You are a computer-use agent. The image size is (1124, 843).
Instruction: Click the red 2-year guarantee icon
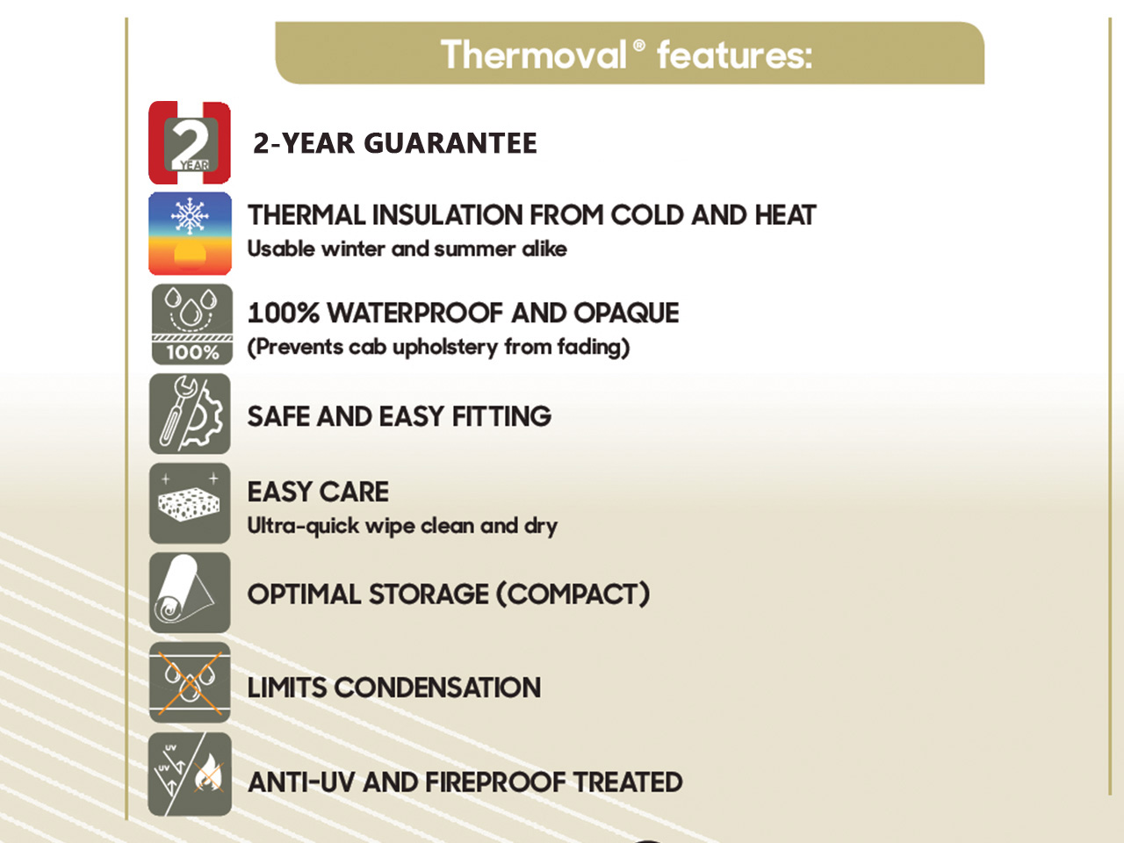pyautogui.click(x=190, y=143)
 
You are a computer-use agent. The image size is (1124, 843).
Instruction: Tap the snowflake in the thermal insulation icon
pyautogui.click(x=190, y=216)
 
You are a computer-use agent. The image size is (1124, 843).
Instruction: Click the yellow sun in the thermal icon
pyautogui.click(x=190, y=255)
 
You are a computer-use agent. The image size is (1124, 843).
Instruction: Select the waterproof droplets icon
pyautogui.click(x=192, y=325)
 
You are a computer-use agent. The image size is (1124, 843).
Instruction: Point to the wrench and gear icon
pyautogui.click(x=190, y=414)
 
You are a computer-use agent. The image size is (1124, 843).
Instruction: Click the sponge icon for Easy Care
pyautogui.click(x=190, y=504)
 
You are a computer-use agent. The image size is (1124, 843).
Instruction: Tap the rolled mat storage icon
pyautogui.click(x=190, y=593)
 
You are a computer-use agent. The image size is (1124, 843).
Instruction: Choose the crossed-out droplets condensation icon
pyautogui.click(x=190, y=682)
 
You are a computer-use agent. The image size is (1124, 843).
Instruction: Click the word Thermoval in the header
pyautogui.click(x=534, y=54)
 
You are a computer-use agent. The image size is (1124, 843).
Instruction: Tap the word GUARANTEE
pyautogui.click(x=450, y=143)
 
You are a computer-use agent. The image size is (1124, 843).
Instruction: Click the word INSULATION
pyautogui.click(x=447, y=215)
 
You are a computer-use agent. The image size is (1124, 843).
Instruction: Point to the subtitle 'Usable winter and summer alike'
pyautogui.click(x=407, y=249)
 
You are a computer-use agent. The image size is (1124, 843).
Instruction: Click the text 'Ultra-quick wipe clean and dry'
pyautogui.click(x=402, y=527)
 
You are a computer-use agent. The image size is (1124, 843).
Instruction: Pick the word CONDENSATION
pyautogui.click(x=437, y=688)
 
